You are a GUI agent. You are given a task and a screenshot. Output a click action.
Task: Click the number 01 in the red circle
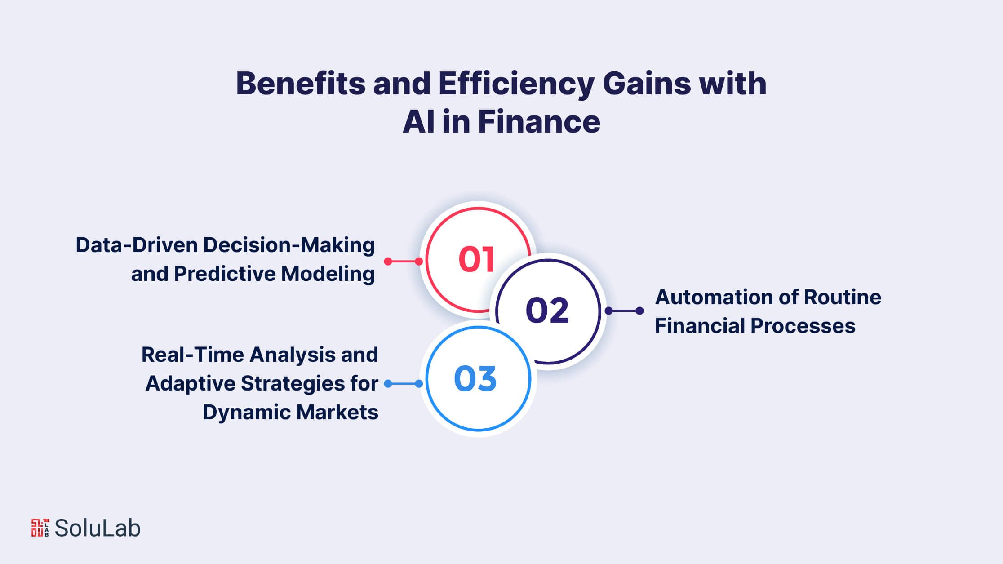476,259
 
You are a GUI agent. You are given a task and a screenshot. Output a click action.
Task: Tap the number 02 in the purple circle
547,310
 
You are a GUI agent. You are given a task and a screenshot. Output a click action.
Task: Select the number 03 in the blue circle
475,378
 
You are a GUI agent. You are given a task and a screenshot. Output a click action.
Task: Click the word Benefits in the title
301,84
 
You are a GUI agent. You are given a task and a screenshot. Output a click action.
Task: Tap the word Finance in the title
539,122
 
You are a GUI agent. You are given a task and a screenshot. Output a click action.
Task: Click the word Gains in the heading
646,84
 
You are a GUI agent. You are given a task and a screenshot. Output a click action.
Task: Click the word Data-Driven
137,245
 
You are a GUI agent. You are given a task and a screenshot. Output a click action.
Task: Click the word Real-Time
192,355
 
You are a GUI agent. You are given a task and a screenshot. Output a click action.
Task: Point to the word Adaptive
190,384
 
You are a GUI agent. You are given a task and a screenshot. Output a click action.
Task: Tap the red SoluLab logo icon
40,528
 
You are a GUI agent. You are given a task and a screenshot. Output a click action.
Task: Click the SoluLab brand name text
98,528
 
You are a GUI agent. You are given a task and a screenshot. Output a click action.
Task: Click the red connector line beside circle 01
404,261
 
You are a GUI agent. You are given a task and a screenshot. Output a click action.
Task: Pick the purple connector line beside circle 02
624,311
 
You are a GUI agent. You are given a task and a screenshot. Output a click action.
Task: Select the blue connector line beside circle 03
404,383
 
